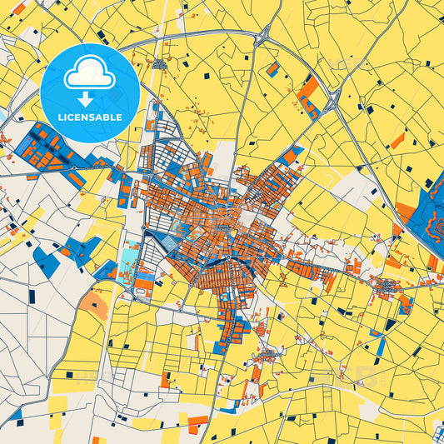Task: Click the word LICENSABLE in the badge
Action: point(89,117)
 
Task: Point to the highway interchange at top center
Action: point(264,35)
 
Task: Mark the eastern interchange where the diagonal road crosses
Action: point(332,103)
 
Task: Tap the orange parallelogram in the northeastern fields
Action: point(397,140)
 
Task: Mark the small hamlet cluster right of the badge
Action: point(159,63)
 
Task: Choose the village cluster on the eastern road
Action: point(388,288)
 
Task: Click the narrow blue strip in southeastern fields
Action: point(390,324)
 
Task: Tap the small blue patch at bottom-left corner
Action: point(14,414)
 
